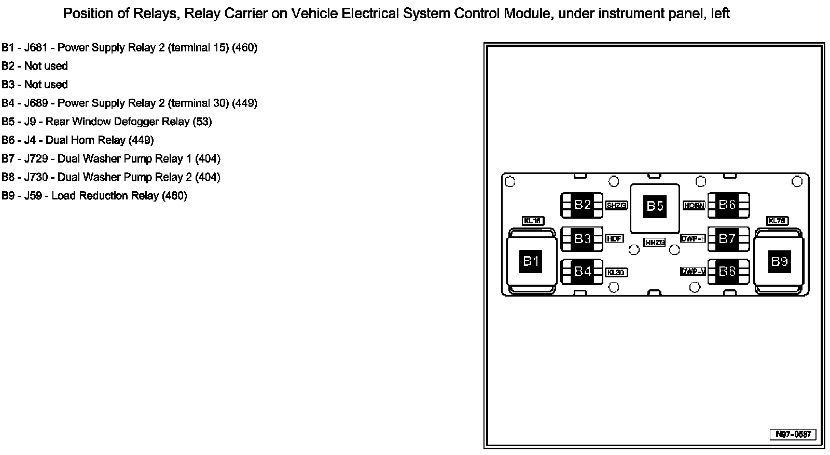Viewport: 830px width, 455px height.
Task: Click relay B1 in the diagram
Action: (x=531, y=261)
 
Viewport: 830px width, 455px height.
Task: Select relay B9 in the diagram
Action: (x=779, y=261)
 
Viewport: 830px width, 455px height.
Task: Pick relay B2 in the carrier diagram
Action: (x=583, y=205)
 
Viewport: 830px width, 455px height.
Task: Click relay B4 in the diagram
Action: (x=583, y=271)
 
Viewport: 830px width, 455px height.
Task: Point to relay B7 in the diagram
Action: (x=727, y=238)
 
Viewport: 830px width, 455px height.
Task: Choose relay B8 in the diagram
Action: (x=727, y=271)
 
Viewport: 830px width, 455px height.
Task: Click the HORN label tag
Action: (x=694, y=206)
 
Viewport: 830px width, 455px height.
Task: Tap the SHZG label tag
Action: (x=616, y=206)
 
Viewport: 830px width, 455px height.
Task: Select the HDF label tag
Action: (x=614, y=239)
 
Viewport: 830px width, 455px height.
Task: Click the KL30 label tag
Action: (x=616, y=273)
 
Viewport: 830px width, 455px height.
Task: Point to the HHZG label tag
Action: (x=654, y=243)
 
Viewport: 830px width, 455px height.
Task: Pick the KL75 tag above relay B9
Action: (x=777, y=221)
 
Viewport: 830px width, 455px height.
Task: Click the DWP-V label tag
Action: (x=693, y=272)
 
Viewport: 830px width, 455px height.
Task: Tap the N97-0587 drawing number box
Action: (x=793, y=434)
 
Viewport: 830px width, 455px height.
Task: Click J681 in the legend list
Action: (x=36, y=48)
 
